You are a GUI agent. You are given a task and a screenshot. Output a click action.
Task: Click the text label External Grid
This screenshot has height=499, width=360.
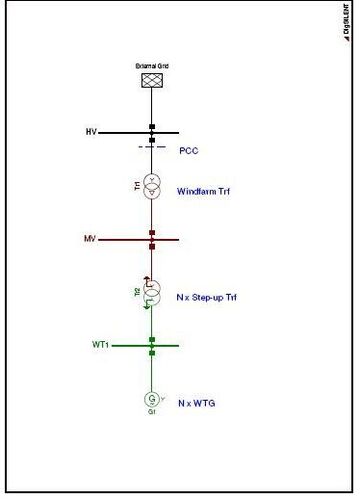tap(152, 67)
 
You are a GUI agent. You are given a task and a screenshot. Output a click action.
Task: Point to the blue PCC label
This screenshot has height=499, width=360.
tap(189, 151)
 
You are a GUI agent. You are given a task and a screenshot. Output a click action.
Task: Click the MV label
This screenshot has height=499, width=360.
tap(90, 240)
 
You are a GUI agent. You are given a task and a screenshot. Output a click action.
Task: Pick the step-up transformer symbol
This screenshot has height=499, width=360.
tap(152, 292)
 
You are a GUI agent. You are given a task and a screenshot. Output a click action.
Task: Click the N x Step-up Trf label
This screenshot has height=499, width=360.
tap(206, 298)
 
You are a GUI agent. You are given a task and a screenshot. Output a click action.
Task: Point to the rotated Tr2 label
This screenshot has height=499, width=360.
tap(137, 292)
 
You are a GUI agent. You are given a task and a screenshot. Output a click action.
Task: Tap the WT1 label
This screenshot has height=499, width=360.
tap(99, 346)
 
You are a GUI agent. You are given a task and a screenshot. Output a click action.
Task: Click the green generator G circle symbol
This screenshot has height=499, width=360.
tap(152, 399)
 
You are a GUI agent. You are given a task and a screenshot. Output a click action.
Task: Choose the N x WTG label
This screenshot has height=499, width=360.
tap(196, 403)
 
